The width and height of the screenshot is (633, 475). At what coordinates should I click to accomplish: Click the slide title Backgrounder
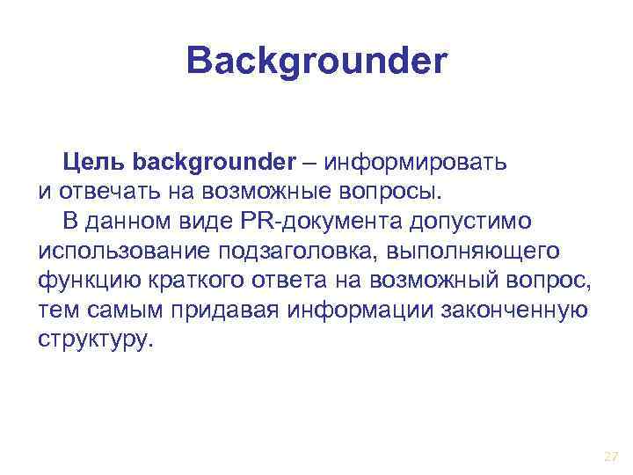click(x=317, y=62)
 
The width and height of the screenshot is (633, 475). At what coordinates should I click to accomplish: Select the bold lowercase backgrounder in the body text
click(x=215, y=162)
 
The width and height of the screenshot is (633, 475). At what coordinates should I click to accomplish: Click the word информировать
click(x=418, y=162)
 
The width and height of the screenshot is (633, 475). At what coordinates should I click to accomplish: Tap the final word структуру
click(x=95, y=340)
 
